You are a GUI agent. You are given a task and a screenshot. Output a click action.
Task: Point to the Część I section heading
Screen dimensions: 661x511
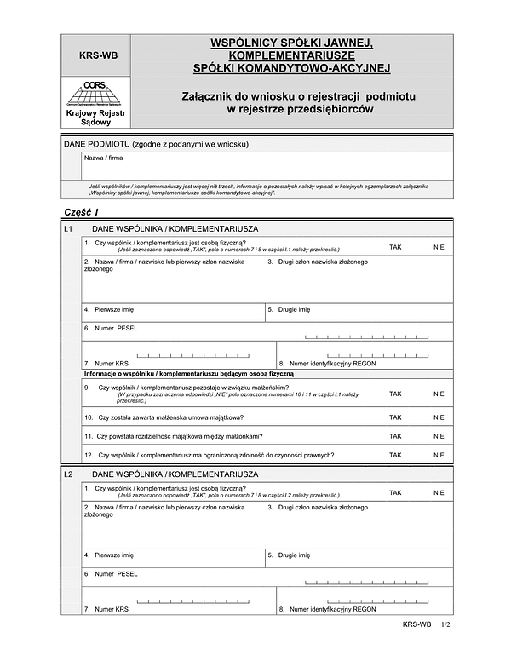click(x=82, y=212)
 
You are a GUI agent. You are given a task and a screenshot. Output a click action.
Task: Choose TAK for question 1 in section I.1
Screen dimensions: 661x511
click(x=395, y=246)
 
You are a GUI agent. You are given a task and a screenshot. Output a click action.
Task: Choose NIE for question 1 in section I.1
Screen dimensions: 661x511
click(x=439, y=246)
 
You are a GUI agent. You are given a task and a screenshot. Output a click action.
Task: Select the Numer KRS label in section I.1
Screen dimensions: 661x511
click(x=112, y=362)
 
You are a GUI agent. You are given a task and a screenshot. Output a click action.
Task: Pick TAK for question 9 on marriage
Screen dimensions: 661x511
click(x=395, y=394)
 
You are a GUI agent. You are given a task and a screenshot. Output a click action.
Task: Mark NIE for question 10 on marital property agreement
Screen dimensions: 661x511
click(x=439, y=417)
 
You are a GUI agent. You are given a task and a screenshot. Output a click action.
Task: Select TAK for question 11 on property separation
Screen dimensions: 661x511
click(x=395, y=436)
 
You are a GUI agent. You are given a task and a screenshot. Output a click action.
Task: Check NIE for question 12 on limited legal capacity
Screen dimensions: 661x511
click(x=439, y=455)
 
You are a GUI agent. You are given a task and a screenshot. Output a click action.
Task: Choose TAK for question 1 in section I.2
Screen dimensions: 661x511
click(x=395, y=492)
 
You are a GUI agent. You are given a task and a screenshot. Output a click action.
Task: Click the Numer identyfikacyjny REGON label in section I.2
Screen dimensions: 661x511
click(x=332, y=609)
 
